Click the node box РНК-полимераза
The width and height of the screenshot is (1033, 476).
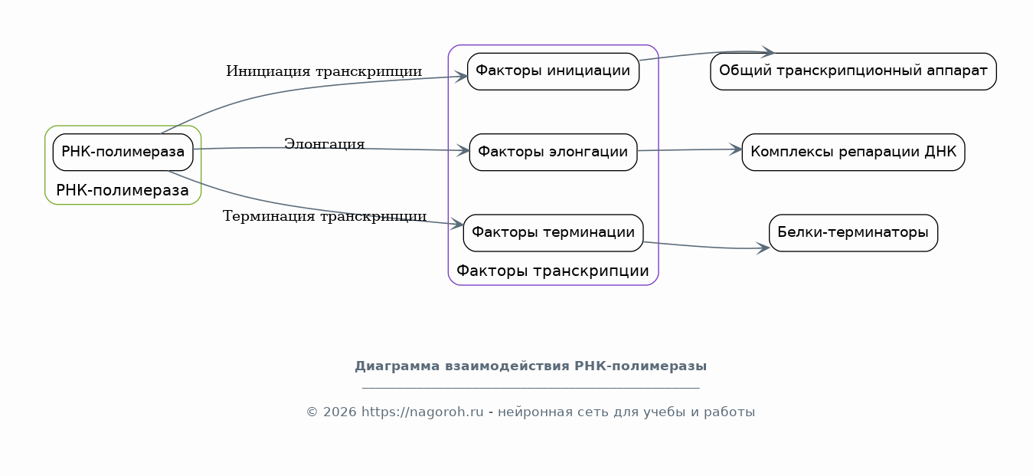tap(123, 153)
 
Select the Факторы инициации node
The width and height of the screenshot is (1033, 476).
tap(553, 71)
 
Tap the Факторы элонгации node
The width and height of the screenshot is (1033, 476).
tap(553, 153)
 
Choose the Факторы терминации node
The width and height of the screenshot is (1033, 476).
tap(553, 233)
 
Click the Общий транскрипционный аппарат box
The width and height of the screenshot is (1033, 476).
tap(853, 71)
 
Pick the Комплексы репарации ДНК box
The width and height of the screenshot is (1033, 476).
tap(853, 153)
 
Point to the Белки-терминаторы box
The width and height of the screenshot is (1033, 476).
tap(853, 233)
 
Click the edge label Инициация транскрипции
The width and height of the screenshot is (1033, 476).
tap(324, 71)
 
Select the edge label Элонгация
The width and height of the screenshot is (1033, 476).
tap(324, 144)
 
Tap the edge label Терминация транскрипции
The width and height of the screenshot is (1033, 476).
tap(324, 216)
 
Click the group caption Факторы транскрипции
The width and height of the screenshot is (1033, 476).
tap(552, 271)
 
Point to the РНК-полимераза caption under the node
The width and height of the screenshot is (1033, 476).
tap(123, 190)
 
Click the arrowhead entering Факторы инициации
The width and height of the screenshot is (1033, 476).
tap(461, 77)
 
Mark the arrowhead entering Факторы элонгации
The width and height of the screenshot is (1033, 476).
tap(463, 150)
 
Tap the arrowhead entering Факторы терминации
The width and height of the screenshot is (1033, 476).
tap(457, 224)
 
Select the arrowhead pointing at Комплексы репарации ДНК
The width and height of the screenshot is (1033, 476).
tap(736, 149)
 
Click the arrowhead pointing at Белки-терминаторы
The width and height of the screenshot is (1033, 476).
tap(763, 248)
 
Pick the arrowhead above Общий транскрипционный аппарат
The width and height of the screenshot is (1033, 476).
tap(768, 51)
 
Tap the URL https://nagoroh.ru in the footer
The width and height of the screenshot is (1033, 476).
tap(423, 412)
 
